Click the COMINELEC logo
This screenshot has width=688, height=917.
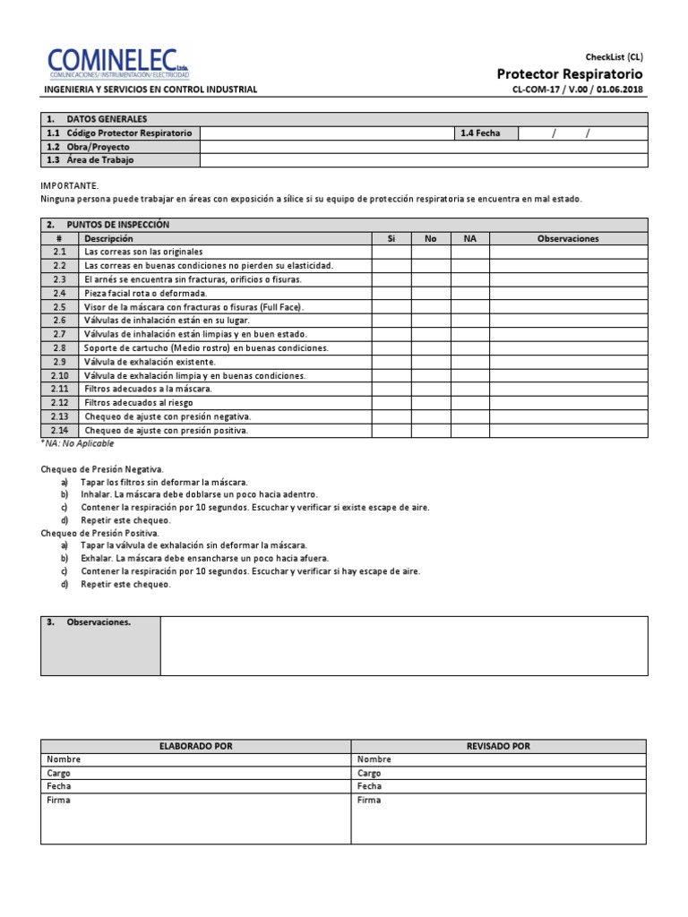(118, 64)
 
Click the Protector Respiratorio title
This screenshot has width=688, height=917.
(570, 73)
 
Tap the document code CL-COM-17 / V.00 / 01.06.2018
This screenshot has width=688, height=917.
(578, 90)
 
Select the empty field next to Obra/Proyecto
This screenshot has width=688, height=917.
(423, 146)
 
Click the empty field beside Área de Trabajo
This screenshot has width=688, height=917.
(423, 159)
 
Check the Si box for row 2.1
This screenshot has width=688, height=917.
(391, 253)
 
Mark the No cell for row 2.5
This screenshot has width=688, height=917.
(431, 307)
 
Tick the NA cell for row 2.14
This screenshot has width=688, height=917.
(470, 430)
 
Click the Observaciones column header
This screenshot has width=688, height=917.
(568, 239)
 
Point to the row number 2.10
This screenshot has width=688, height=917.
(60, 375)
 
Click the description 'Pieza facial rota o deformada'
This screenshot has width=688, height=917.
(145, 294)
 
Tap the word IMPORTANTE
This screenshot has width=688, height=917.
(70, 184)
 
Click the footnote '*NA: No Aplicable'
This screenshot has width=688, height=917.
(78, 443)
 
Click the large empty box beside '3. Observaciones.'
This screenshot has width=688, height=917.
(403, 645)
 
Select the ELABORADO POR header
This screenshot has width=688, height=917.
(195, 746)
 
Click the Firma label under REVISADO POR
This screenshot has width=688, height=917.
(368, 800)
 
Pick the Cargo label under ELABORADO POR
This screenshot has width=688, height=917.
(58, 773)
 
